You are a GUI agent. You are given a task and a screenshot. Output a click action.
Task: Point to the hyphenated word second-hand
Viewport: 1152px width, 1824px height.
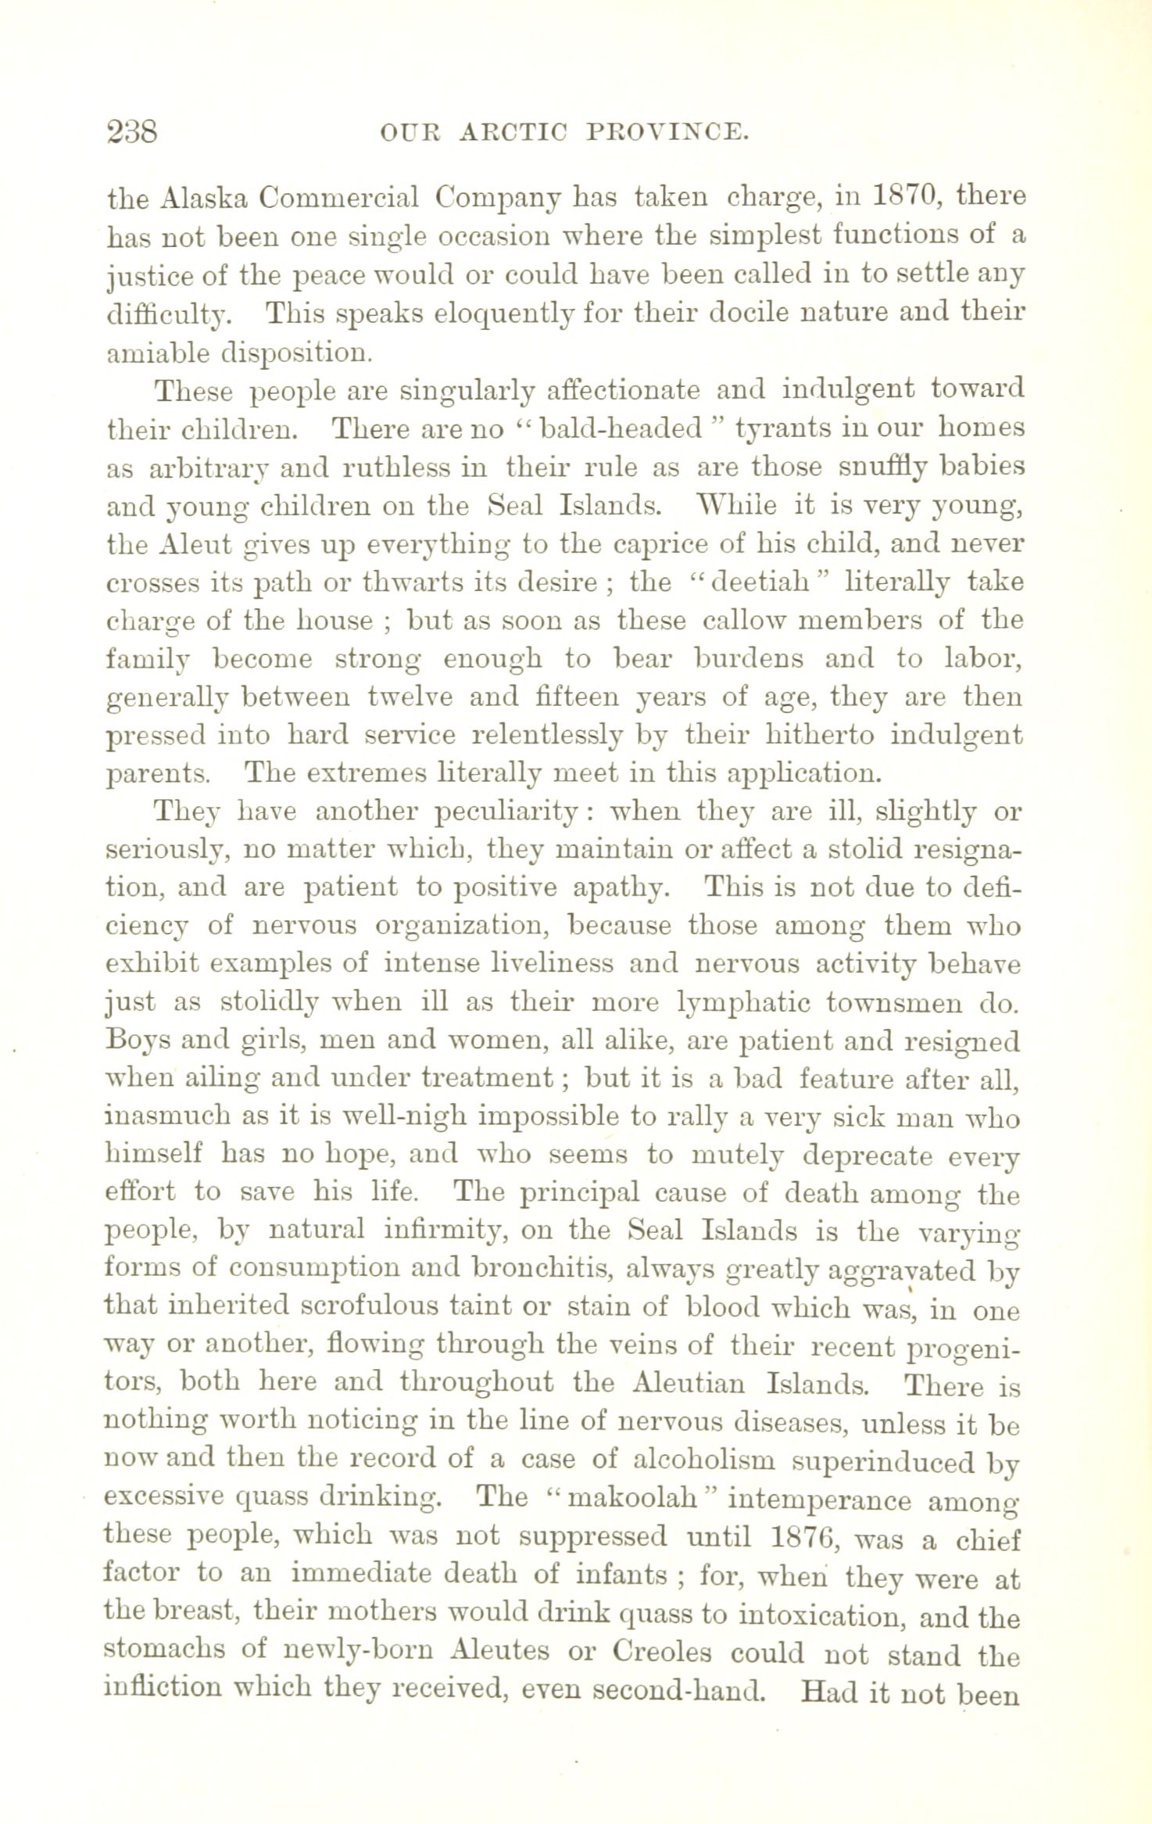[677, 1691]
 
